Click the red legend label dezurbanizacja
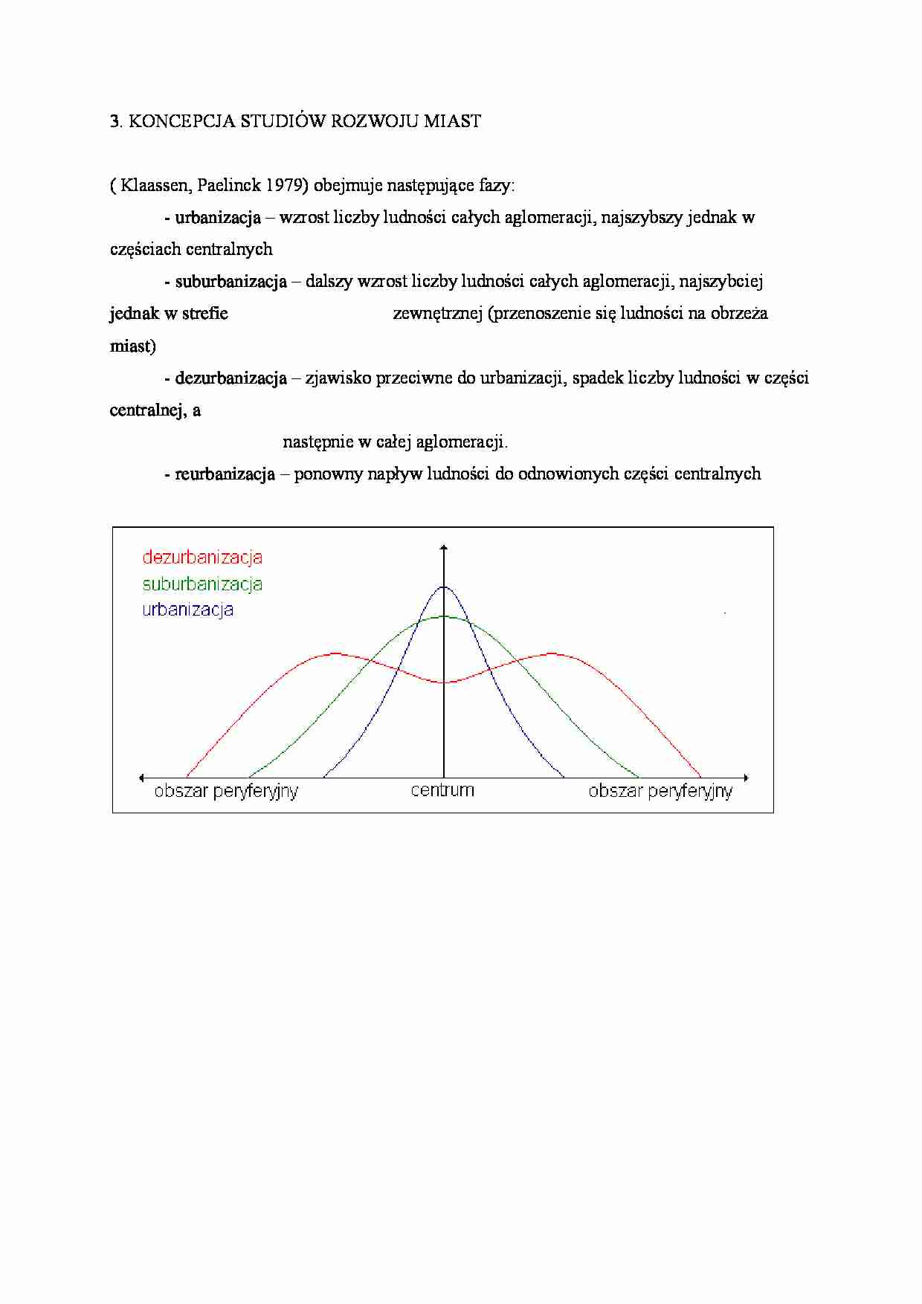(x=202, y=557)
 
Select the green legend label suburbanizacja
(x=202, y=584)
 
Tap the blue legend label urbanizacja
(x=188, y=610)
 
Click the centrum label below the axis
(x=442, y=790)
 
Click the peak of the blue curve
(x=444, y=587)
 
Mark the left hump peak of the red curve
(x=335, y=653)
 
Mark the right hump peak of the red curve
(x=552, y=653)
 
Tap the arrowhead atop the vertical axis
(x=444, y=548)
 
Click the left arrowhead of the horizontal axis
(x=142, y=778)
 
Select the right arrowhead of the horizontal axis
(x=745, y=778)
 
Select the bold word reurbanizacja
(x=225, y=474)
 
